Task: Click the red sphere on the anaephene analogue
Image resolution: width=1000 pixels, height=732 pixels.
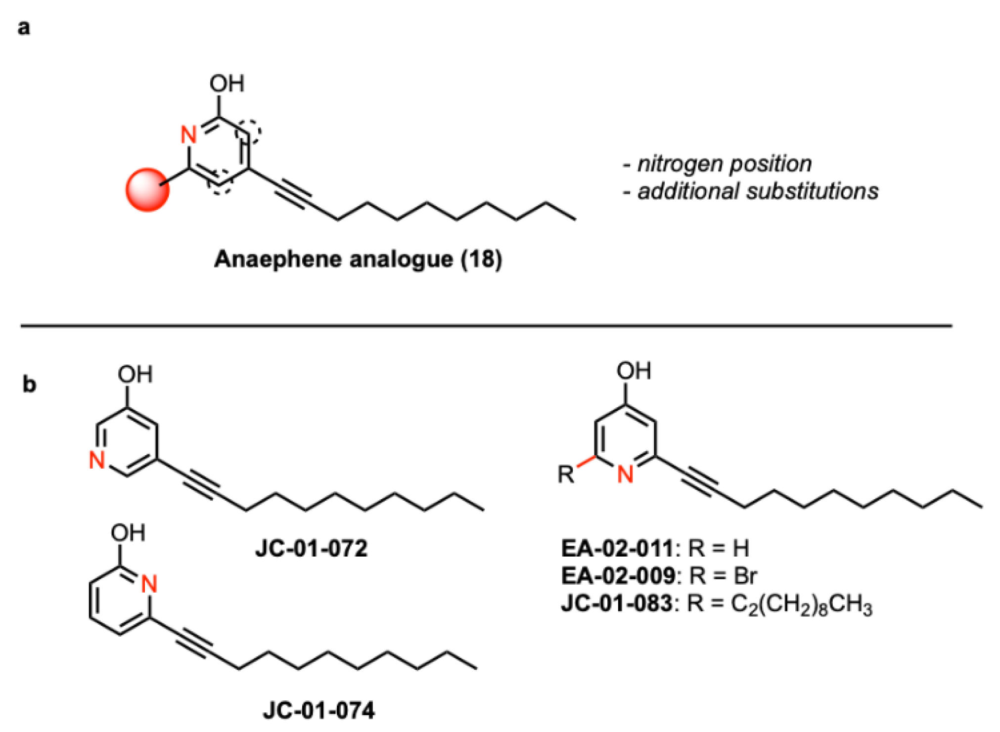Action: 147,190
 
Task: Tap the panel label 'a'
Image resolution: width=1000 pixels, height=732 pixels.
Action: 24,28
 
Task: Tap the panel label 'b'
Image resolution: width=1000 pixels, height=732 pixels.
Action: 29,384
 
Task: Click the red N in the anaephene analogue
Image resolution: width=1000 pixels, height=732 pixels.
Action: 189,134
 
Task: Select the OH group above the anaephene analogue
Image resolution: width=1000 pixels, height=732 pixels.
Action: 227,84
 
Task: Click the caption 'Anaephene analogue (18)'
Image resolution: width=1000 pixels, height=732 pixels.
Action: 358,259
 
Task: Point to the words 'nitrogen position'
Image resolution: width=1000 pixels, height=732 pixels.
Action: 724,164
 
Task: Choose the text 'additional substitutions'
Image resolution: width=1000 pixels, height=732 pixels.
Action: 758,191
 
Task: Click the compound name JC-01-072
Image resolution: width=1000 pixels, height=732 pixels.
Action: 312,548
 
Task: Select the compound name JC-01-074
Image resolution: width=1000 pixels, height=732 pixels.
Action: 319,710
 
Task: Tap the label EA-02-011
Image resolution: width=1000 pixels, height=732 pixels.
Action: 618,548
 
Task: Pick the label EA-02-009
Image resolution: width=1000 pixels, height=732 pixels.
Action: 618,576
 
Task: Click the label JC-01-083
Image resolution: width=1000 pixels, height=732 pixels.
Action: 617,603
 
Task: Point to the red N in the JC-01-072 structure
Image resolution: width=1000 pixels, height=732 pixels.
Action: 97,460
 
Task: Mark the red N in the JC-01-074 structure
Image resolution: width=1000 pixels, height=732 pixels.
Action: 149,584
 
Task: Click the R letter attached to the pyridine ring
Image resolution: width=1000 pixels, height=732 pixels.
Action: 566,474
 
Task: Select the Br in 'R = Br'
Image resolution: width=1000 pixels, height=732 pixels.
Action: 745,576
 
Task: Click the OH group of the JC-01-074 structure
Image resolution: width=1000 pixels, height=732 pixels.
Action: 128,533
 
